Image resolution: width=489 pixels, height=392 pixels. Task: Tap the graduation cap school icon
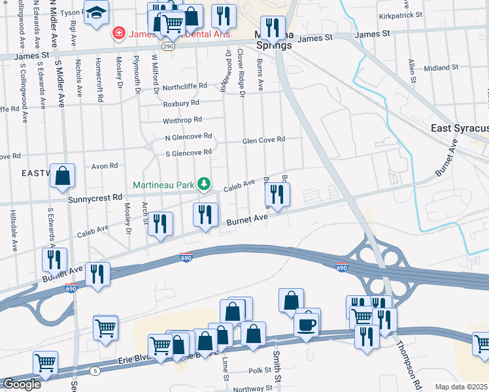[x=96, y=13]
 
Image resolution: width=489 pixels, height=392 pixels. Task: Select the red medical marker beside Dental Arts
[x=118, y=32]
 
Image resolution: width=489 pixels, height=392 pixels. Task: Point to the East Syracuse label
[x=460, y=129]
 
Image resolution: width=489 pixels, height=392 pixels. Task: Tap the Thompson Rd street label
[x=407, y=366]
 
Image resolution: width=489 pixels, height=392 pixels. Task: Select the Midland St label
[x=441, y=68]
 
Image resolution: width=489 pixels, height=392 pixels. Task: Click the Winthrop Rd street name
[x=182, y=120]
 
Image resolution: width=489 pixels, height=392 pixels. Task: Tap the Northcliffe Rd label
[x=184, y=86]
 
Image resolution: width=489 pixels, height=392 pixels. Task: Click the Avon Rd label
[x=104, y=166]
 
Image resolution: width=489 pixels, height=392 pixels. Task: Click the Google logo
[x=22, y=384]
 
